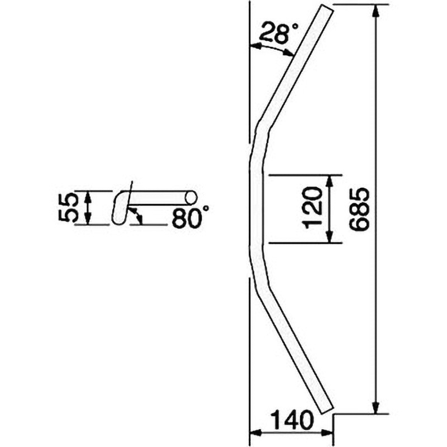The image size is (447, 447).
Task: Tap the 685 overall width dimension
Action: tap(359, 208)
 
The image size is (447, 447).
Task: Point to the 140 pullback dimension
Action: tap(291, 420)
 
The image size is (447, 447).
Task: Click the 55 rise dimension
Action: tap(68, 207)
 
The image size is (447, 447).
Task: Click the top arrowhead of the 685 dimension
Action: tap(376, 11)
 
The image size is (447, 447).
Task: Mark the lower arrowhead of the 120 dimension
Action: tap(330, 236)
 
